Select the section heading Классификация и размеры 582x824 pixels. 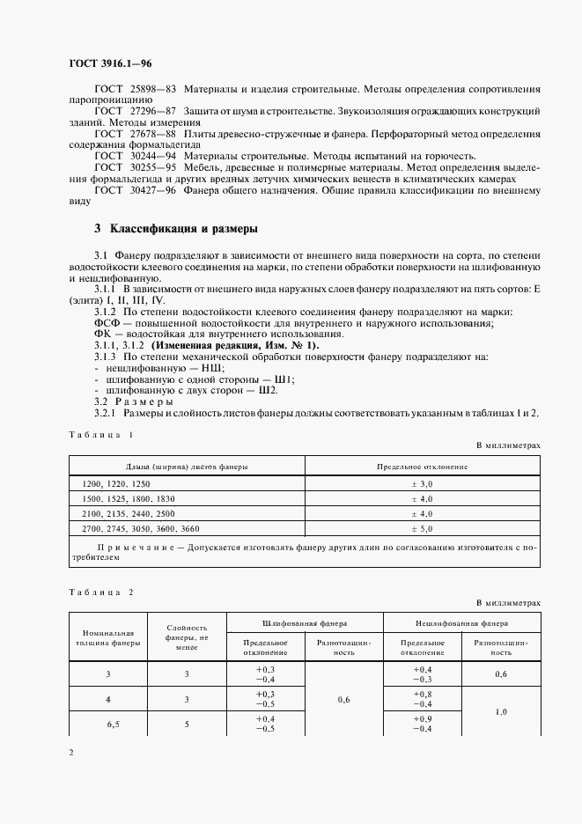(183, 229)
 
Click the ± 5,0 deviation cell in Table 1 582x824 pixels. (423, 528)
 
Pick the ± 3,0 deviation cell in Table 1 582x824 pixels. (423, 484)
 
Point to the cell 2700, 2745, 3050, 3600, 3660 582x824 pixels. (141, 528)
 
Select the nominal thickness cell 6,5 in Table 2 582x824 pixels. (110, 723)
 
